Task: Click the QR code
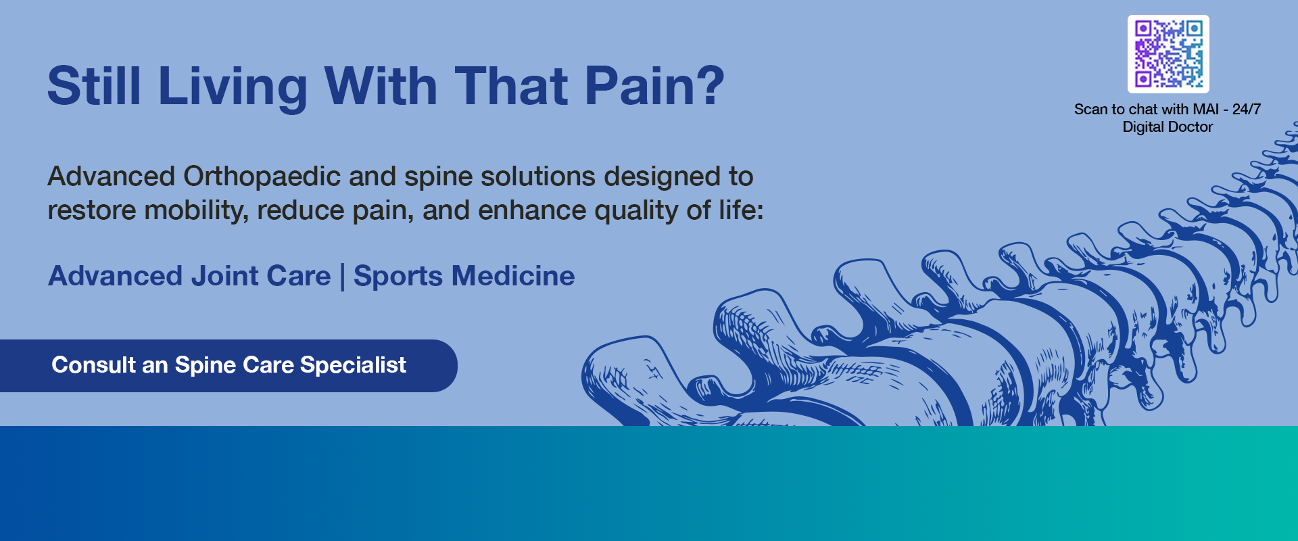click(1168, 54)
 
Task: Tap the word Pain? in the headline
click(654, 87)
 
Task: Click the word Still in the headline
click(94, 87)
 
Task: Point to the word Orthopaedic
click(262, 177)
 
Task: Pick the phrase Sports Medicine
click(464, 276)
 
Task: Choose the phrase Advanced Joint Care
click(189, 276)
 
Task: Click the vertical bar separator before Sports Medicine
click(342, 277)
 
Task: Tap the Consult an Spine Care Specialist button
click(229, 365)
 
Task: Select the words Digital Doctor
click(1168, 127)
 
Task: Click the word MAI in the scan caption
click(1205, 110)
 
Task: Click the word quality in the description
click(637, 211)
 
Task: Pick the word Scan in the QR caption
click(1090, 110)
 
